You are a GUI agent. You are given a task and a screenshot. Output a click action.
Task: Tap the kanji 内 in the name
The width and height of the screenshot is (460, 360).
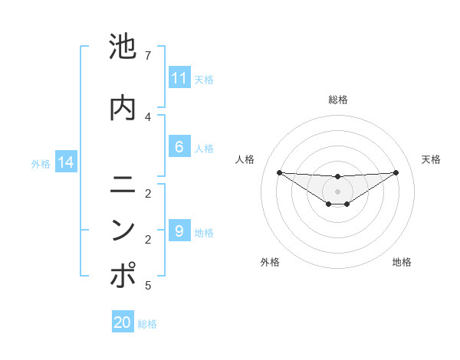[x=123, y=108]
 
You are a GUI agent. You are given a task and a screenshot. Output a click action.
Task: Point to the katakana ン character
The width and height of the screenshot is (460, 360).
[x=123, y=231]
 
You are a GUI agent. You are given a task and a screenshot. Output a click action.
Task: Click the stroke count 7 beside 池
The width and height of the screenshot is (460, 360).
[x=147, y=56]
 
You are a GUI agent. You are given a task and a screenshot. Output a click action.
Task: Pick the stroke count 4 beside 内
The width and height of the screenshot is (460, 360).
[x=147, y=116]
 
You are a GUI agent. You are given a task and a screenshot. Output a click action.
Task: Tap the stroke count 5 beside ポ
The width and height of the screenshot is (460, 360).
[x=147, y=286]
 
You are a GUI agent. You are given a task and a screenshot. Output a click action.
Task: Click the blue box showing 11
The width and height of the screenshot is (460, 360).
[x=179, y=77]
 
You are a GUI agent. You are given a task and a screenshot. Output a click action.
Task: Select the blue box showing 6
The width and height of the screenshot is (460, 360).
[x=179, y=147]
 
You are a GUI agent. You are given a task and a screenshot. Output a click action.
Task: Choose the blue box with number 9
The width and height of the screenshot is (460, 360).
[x=179, y=231]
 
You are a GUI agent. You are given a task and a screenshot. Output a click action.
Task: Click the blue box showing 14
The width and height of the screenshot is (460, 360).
[x=65, y=162]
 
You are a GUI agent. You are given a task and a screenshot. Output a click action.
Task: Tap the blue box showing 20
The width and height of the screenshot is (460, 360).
[x=123, y=322]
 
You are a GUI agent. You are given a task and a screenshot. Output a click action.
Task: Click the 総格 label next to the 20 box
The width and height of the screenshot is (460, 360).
[x=147, y=324]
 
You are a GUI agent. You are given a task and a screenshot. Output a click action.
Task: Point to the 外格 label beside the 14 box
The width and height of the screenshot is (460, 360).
[x=41, y=163]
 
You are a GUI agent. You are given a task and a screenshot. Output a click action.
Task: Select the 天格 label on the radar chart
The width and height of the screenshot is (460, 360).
[x=431, y=159]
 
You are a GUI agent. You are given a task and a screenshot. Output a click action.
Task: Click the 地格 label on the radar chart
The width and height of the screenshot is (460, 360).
[x=402, y=263]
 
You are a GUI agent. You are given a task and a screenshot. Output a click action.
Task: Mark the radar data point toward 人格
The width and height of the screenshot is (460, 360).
[x=279, y=172]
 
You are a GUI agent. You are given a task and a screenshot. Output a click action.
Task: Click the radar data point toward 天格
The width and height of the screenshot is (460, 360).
[x=396, y=172]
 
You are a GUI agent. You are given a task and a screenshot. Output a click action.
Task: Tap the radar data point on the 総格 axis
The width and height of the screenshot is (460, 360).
[x=337, y=177]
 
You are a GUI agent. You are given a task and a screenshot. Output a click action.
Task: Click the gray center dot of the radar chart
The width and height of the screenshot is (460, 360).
[x=337, y=191]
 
